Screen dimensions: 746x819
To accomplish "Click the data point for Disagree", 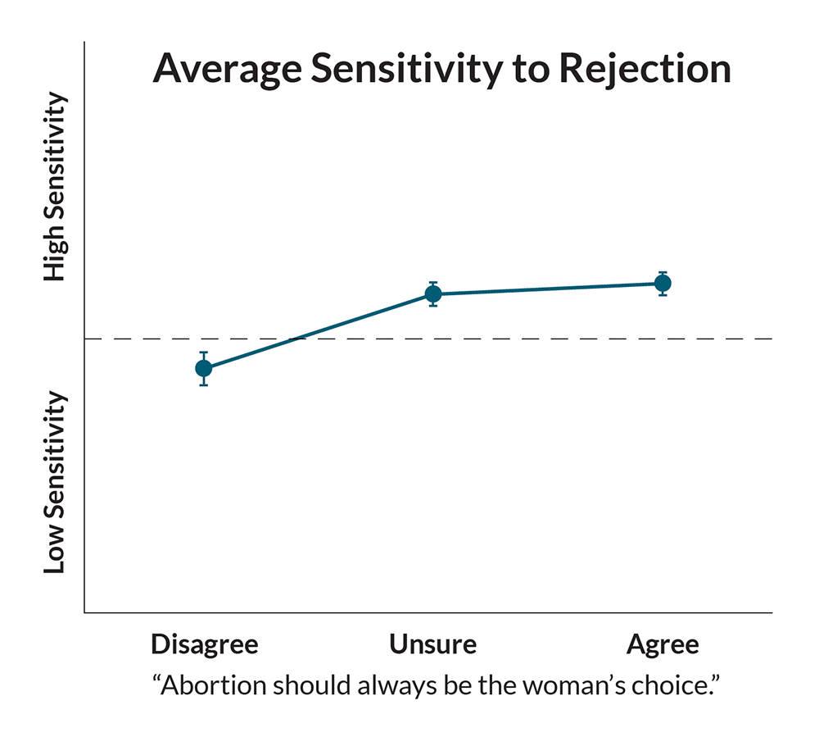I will coord(204,368).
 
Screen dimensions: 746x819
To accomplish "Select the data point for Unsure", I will coord(433,294).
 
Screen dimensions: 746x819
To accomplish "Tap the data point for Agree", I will coord(663,284).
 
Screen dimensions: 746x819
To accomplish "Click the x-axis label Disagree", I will coord(204,644).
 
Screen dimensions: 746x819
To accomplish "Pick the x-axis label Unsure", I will coord(432,644).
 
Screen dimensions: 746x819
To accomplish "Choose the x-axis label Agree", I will coord(663,644).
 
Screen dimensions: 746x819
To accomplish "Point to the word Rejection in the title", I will coord(645,70).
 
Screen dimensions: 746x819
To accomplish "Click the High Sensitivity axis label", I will coord(55,188).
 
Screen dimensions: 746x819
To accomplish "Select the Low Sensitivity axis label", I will coord(55,482).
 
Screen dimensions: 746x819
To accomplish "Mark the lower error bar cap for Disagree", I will coord(204,384).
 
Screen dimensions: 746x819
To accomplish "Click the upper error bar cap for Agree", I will coord(663,272).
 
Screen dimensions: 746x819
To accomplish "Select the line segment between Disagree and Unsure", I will coord(319,331).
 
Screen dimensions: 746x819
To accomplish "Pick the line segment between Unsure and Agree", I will coord(548,289).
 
